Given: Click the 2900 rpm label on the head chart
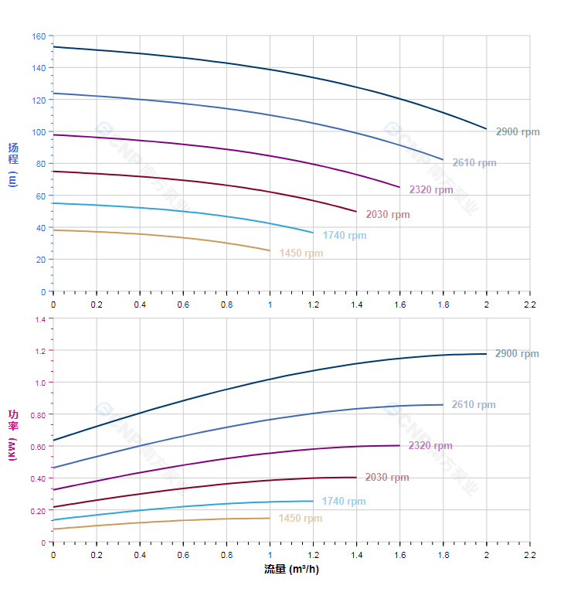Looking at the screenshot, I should tap(518, 132).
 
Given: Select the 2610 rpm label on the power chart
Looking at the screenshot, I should tap(474, 405).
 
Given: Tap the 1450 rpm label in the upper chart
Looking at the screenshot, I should tap(301, 254).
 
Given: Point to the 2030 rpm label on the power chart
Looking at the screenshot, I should tap(387, 478).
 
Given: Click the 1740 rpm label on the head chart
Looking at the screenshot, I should tap(345, 236).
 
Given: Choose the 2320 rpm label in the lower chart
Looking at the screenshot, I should tap(430, 446).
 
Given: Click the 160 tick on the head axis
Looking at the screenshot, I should tap(39, 36).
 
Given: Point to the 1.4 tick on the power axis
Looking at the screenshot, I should tap(40, 319).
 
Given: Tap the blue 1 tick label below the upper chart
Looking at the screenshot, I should tap(270, 305).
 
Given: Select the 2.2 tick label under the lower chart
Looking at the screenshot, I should tap(529, 555).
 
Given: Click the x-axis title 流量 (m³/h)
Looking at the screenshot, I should tap(291, 570).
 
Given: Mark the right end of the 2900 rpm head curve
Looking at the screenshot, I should tap(486, 129).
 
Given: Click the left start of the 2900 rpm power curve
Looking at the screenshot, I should tap(53, 441).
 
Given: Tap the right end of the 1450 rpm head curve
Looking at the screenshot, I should tap(270, 250).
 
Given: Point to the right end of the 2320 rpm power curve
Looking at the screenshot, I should tap(399, 445).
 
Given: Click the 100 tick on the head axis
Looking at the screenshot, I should tap(39, 132).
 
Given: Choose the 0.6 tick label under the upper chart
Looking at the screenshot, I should tap(183, 305).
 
